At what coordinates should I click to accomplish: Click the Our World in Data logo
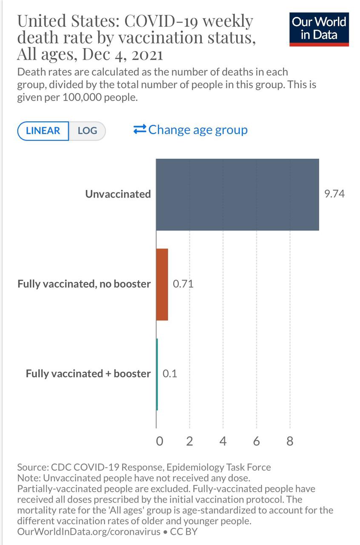319,29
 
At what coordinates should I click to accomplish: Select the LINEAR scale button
43,131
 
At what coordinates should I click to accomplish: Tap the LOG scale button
87,131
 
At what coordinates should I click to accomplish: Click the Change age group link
191,129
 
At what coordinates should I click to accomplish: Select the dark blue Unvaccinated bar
237,195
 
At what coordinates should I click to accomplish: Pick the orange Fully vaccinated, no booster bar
162,284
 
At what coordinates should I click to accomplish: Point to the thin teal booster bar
157,374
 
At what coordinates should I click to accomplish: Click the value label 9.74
334,194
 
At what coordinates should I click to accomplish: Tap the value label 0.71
183,284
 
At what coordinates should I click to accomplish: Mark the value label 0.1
170,374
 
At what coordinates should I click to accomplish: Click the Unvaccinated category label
118,194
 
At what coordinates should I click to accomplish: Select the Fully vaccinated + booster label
88,374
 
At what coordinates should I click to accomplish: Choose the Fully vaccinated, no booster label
84,284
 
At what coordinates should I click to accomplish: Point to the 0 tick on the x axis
160,441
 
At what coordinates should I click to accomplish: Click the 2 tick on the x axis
189,441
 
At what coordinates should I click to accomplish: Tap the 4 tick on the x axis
223,441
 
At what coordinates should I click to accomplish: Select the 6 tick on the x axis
256,441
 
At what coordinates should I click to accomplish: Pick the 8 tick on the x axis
290,441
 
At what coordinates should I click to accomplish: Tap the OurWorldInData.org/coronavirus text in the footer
89,532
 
